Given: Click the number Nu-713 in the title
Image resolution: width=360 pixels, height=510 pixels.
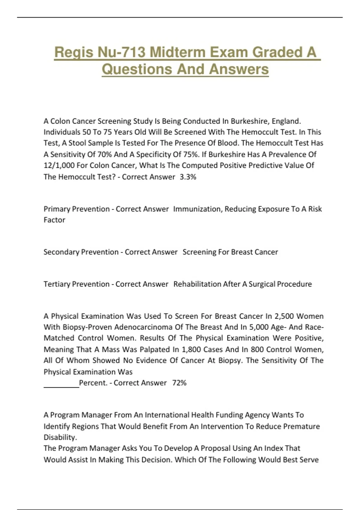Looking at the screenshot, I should pyautogui.click(x=121, y=52).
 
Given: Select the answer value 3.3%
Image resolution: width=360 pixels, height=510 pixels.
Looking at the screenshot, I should pyautogui.click(x=188, y=177).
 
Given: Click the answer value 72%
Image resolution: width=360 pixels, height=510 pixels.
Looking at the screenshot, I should pyautogui.click(x=179, y=383).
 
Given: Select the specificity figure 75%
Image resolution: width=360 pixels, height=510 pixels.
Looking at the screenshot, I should pyautogui.click(x=190, y=154).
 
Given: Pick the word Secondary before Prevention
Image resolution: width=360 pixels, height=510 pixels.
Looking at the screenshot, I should pyautogui.click(x=61, y=252).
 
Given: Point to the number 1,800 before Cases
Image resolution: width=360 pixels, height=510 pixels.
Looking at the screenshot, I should pyautogui.click(x=191, y=349).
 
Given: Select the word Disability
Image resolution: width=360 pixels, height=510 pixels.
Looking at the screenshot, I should pyautogui.click(x=60, y=437).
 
